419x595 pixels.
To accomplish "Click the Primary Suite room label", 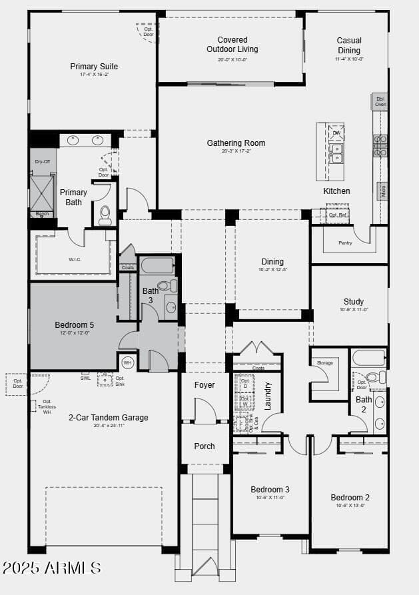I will coord(94,67).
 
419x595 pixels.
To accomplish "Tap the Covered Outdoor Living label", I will coord(232,45).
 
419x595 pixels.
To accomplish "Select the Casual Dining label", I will coord(349,45).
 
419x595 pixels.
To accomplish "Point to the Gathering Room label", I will coord(236,143).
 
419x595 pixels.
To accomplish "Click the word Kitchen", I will coord(336,191).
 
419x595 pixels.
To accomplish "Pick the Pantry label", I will coord(345,243).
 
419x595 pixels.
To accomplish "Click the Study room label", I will coord(354,302).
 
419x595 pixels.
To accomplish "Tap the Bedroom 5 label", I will coord(74,325).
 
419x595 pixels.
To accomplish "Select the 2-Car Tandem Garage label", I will coord(108,418).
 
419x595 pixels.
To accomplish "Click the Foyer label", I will coord(205,385).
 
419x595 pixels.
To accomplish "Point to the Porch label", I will coord(205,446).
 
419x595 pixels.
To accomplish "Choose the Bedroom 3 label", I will coord(270,490).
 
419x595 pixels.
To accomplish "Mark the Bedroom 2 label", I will coord(350,498).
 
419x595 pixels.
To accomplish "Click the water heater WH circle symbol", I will coord(127,363).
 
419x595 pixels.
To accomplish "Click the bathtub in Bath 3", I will coord(157,266).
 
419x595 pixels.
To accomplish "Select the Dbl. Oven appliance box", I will coord(380,101).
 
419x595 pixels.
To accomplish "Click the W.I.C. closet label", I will coord(75,259).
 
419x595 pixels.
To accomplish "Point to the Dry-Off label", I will coord(43,162).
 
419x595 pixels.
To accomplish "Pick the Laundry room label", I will coord(268,395).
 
